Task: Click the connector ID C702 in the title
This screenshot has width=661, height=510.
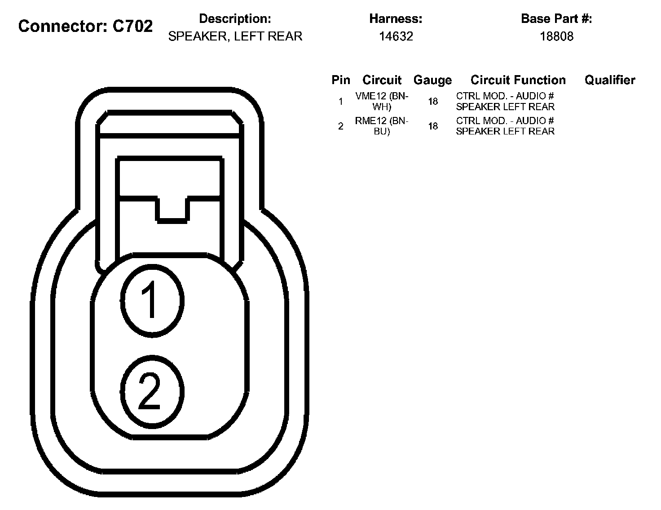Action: coord(132,26)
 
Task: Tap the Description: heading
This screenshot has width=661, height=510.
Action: coord(235,19)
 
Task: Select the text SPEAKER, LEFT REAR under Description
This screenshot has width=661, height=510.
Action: coord(235,36)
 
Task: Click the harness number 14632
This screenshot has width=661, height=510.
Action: coord(396,36)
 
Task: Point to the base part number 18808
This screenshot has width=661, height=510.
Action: coord(556,36)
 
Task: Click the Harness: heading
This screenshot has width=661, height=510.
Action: coord(396,19)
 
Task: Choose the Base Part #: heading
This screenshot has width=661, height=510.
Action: coord(556,19)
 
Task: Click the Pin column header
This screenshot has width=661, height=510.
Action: coord(341,80)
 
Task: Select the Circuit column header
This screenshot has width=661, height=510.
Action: coord(382,80)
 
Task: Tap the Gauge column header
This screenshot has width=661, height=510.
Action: coord(432,81)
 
